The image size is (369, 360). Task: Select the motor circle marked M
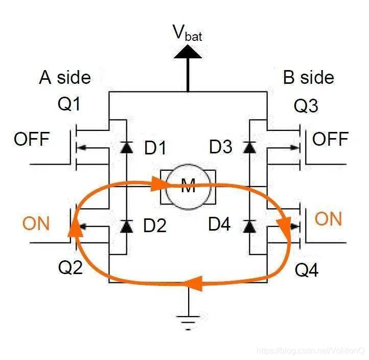(x=189, y=187)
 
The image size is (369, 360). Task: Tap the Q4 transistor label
(x=307, y=270)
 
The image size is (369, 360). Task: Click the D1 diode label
(x=155, y=148)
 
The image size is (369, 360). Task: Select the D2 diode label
(x=155, y=226)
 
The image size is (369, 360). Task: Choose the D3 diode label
(x=221, y=148)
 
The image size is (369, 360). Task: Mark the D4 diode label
(x=221, y=226)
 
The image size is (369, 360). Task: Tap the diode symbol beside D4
(x=250, y=226)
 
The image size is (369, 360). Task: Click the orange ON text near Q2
(x=36, y=223)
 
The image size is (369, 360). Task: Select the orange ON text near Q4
(x=328, y=219)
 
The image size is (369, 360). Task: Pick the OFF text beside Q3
(x=330, y=139)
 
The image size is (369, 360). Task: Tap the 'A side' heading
(x=65, y=77)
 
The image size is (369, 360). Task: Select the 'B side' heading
(x=309, y=77)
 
